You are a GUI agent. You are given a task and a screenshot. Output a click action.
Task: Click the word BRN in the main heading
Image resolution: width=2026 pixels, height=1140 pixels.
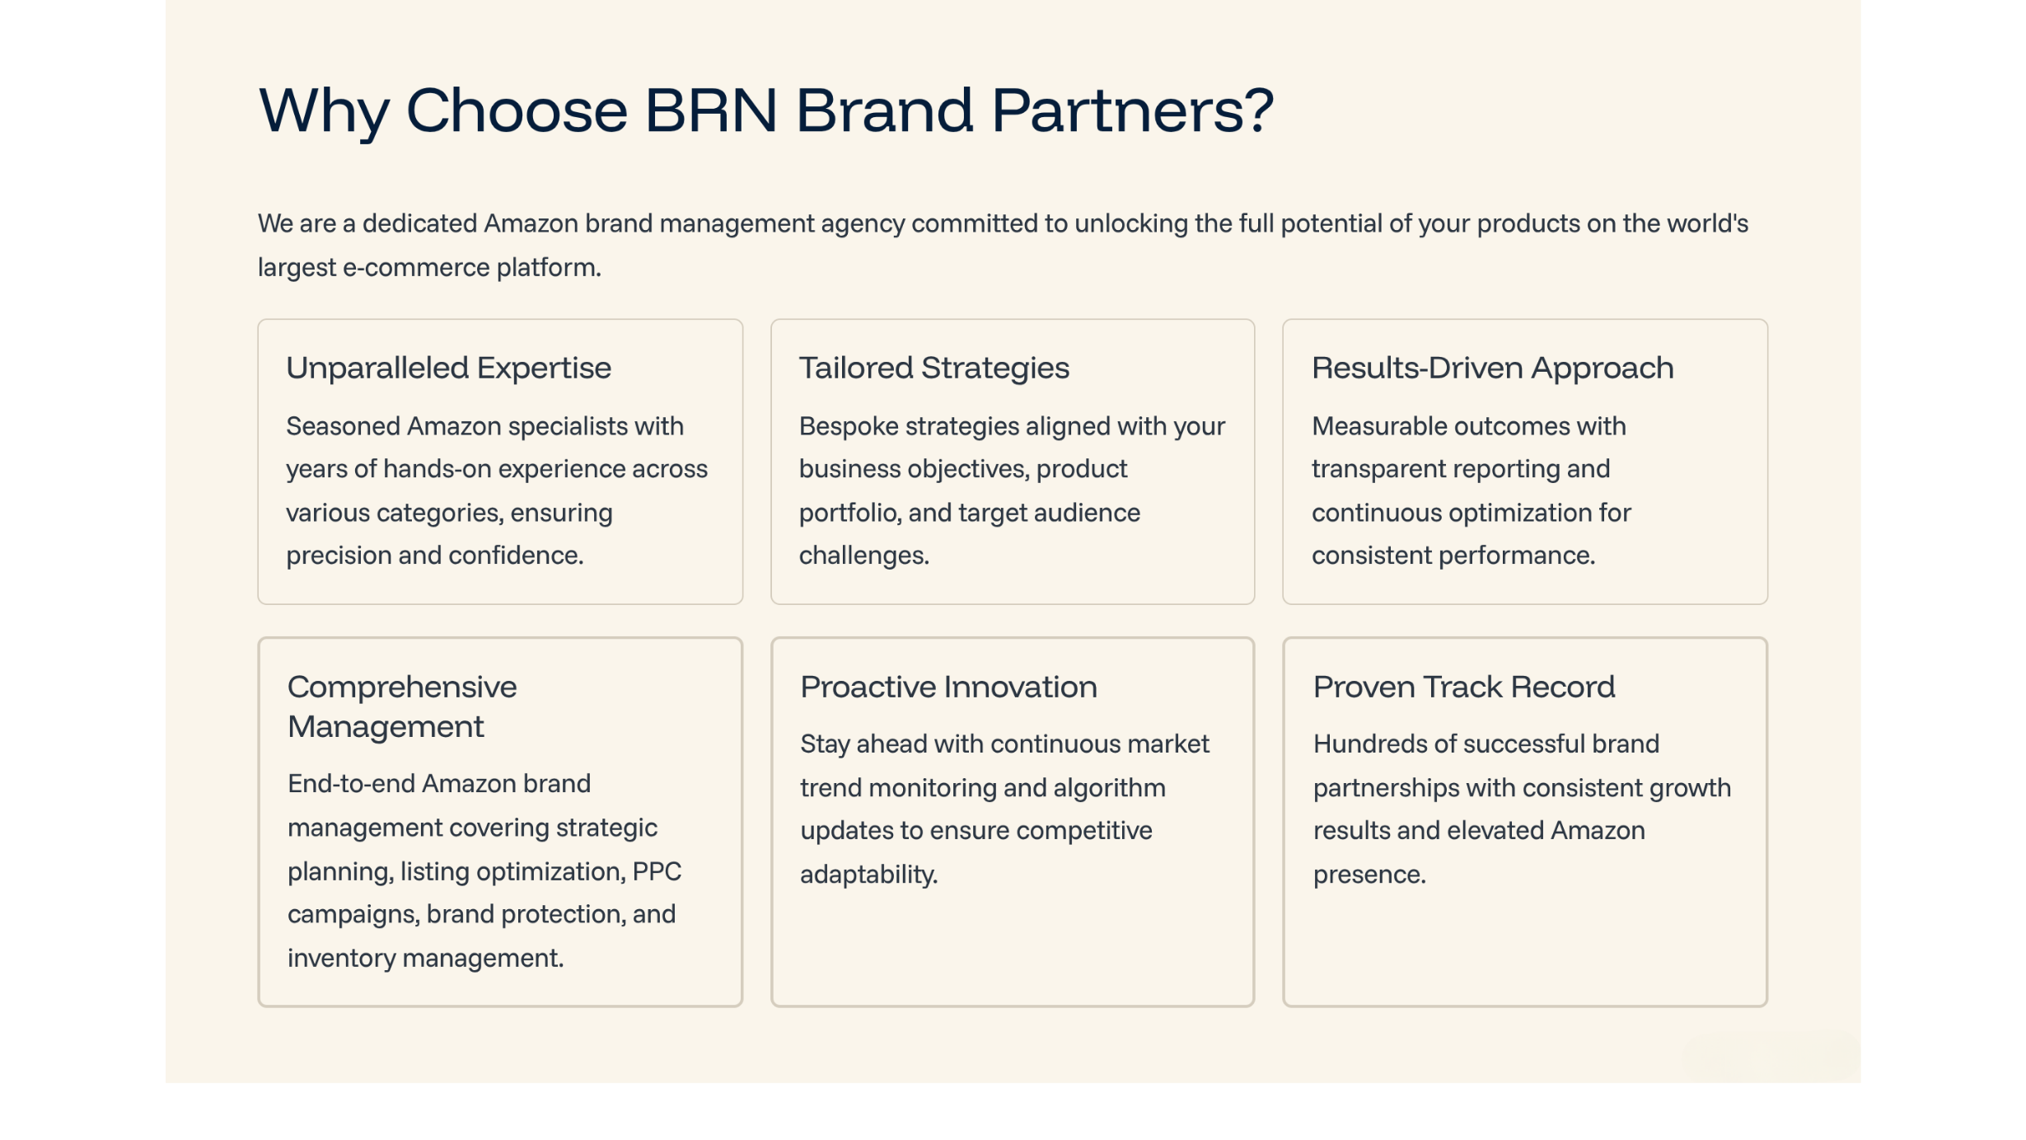pos(711,110)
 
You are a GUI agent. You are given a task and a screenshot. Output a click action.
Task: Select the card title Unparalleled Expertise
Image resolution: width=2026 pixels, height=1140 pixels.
pos(448,368)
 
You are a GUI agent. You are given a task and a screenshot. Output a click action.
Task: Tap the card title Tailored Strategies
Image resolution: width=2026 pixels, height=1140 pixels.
pos(933,368)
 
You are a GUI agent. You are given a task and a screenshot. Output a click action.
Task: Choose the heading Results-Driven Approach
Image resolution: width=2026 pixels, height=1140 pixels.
pos(1492,368)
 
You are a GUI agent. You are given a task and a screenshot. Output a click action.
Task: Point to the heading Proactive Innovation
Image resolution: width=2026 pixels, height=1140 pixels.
pos(948,687)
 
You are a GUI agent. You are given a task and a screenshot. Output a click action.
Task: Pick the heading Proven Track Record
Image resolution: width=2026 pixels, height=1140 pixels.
pos(1463,687)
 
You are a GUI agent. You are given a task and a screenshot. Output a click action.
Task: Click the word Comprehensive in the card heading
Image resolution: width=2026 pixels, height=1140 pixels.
pos(401,687)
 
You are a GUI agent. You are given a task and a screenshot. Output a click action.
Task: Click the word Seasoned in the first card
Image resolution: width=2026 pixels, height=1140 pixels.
pos(343,426)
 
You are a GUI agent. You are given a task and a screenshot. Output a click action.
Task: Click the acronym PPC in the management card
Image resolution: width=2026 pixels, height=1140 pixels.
pos(657,871)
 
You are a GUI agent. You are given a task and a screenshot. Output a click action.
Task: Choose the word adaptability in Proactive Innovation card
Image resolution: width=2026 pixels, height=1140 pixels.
pos(868,875)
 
